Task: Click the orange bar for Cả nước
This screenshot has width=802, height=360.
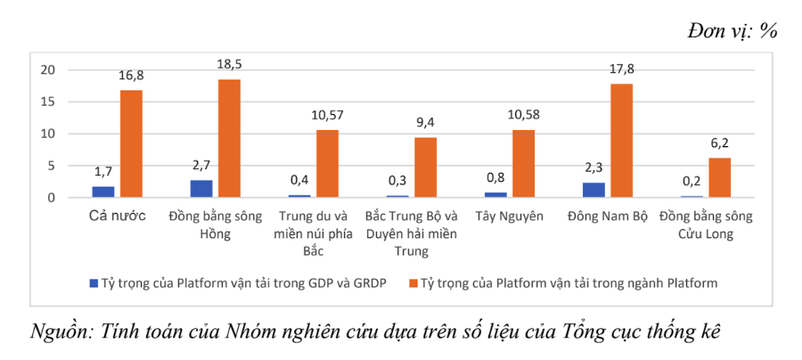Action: [132, 143]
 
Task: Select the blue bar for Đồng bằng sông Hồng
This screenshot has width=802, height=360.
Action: [201, 189]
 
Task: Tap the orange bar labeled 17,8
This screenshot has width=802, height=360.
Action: [622, 141]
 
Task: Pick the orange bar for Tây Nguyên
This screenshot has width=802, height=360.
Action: [524, 164]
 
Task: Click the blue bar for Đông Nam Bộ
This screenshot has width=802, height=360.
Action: [593, 190]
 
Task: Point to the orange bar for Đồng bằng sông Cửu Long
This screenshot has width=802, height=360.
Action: [720, 177]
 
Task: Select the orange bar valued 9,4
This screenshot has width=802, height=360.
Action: [426, 168]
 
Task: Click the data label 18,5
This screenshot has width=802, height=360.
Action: [230, 65]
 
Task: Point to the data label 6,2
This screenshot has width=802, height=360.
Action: [720, 143]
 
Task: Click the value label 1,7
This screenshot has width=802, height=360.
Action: [103, 171]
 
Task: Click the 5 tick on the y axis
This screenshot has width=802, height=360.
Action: [53, 166]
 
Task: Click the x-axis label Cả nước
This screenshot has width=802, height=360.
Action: [118, 216]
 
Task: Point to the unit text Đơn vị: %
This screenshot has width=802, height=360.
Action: [732, 31]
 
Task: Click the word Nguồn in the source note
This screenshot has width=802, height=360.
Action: [61, 331]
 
